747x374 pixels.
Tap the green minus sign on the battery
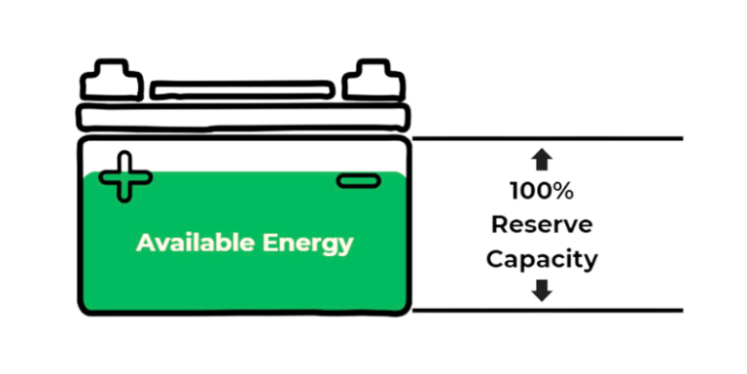356,180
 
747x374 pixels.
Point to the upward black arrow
542,160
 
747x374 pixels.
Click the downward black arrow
542,289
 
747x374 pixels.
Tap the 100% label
541,191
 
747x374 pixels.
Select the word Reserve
541,225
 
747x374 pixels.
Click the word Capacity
541,260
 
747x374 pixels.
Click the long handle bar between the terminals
243,91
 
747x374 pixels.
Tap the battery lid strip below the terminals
243,119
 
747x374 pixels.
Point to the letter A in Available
144,243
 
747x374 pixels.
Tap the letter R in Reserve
497,225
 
